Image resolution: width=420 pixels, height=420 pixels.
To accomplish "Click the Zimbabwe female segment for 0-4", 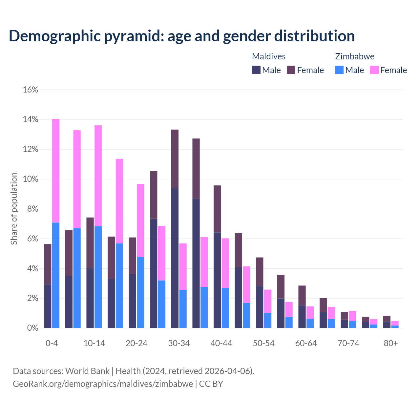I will point(56,171).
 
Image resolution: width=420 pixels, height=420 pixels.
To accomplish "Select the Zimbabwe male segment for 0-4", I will point(56,275).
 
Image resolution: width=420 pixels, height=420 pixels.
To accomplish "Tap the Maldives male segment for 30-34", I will point(175,258).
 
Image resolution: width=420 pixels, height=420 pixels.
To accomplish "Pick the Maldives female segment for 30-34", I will point(175,159).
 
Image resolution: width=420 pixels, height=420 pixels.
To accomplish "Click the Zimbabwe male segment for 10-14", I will point(98,277).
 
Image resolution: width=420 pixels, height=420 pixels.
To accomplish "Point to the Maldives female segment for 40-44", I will point(217,209).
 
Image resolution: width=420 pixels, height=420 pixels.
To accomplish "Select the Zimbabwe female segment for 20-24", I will point(140,220).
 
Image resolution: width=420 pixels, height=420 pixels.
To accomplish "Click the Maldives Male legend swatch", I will point(256,70).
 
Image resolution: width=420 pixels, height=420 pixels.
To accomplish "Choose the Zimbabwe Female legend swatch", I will point(374,70).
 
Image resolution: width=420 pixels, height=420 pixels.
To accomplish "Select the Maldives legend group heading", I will point(269,56).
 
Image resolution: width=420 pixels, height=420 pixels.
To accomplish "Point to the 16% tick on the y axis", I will point(31,90).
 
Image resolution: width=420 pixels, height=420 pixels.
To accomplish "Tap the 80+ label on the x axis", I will point(391,343).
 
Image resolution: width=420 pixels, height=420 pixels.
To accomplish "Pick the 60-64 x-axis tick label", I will point(306,343).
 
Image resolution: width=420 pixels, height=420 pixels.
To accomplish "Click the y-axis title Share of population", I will point(14,209).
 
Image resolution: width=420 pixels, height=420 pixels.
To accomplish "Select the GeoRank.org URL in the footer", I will point(103,384).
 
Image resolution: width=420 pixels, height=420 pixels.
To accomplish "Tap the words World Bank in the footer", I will point(87,371).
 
